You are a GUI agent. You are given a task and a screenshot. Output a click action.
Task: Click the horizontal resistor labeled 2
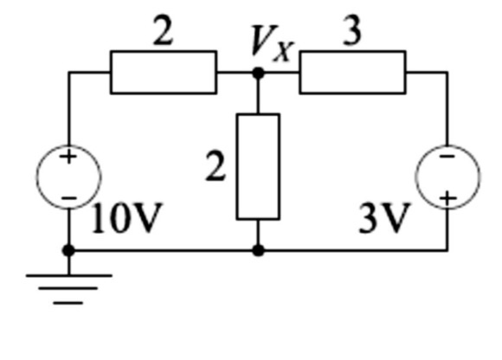click(x=163, y=72)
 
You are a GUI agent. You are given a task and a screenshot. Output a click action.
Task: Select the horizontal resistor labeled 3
click(x=352, y=72)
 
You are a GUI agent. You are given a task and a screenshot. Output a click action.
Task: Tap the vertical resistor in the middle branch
click(x=258, y=166)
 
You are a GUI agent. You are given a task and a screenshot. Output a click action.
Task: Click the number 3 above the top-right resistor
click(x=351, y=32)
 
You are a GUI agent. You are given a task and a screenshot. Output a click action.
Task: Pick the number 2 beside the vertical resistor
click(x=216, y=166)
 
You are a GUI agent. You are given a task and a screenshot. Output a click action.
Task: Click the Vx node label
click(x=271, y=42)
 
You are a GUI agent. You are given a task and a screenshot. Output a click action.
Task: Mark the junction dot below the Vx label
click(x=258, y=73)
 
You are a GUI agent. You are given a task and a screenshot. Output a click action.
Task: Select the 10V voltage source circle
click(x=68, y=177)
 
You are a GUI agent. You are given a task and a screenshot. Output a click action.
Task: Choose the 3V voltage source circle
click(x=447, y=177)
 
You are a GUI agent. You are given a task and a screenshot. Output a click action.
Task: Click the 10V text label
click(x=126, y=220)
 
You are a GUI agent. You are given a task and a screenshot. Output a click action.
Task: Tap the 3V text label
click(x=382, y=220)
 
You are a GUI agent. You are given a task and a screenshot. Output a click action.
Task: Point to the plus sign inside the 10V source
click(x=68, y=157)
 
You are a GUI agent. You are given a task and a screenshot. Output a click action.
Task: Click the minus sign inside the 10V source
click(x=68, y=197)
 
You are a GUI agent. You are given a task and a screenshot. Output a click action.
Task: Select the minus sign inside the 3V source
click(x=447, y=157)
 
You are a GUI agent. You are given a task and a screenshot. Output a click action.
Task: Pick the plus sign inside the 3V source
click(x=447, y=198)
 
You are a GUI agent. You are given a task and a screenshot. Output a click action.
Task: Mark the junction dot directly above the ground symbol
click(x=68, y=251)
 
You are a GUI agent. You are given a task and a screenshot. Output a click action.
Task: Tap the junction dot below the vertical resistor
click(x=258, y=251)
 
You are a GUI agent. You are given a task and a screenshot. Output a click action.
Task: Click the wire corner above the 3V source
click(x=447, y=73)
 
